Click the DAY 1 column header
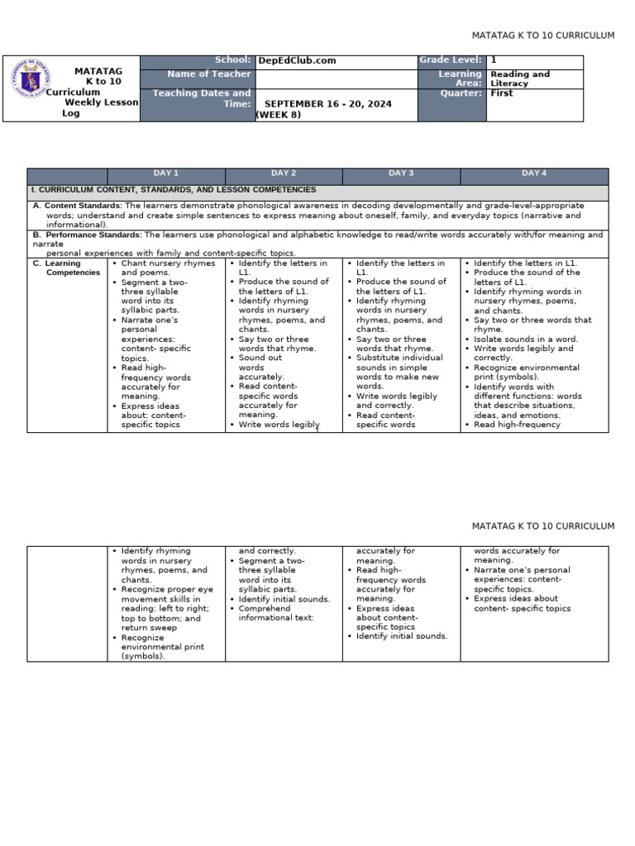[166, 173]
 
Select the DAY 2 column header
[284, 173]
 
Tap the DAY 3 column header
[401, 173]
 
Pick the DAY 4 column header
[534, 173]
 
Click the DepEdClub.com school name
[297, 61]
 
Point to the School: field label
[232, 60]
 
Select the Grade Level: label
[450, 60]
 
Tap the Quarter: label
[465, 93]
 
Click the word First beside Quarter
[501, 93]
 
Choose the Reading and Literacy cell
[519, 78]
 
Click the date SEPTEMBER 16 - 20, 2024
[327, 104]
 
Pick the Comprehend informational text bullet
[265, 613]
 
